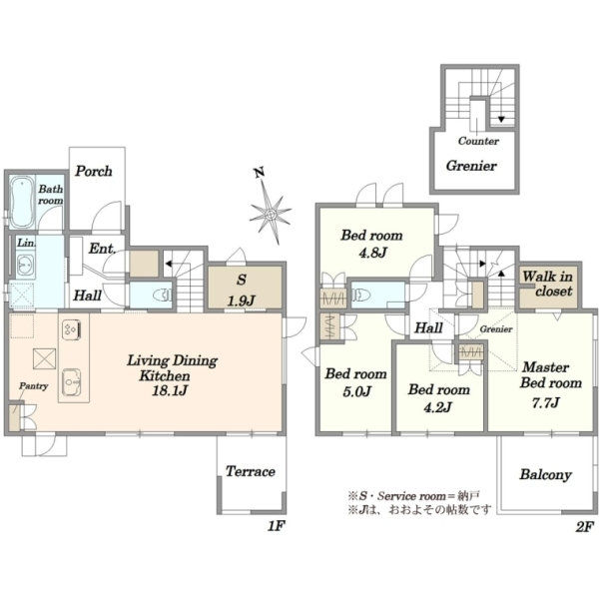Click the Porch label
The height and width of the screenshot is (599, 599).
coord(94,171)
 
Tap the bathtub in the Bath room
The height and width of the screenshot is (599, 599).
coord(21,202)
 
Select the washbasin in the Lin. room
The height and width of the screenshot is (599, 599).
coord(25,265)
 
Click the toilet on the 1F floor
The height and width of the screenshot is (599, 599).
coord(163,295)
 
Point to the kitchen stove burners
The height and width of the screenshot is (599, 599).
coord(72,329)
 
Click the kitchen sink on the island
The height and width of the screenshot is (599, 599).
coord(72,382)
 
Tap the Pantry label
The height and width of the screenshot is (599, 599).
coord(34,385)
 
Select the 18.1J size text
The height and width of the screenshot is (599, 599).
coord(170,390)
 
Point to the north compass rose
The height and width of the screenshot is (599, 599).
coord(271,214)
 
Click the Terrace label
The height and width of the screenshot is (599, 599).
coord(251,471)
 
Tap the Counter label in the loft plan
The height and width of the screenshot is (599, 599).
coord(478,141)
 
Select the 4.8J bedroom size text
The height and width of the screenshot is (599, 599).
coord(372,253)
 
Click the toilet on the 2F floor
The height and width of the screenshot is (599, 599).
coord(362,295)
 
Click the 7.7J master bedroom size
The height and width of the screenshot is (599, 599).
coord(546,402)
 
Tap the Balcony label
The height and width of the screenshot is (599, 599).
coord(545,474)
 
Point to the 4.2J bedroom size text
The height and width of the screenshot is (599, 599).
coord(438,407)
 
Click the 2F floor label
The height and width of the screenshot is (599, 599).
coord(585,527)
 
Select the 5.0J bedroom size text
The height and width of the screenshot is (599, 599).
coord(357,391)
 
